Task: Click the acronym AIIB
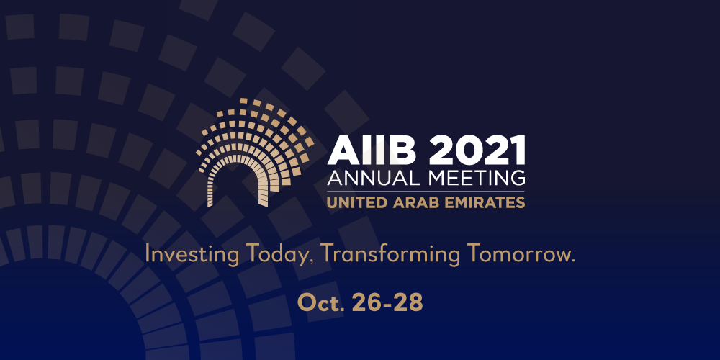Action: coord(369,150)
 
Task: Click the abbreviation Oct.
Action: coord(321,303)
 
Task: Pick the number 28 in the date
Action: coord(408,303)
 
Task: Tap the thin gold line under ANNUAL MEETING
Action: coord(426,191)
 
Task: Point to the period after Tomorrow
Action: coord(572,261)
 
